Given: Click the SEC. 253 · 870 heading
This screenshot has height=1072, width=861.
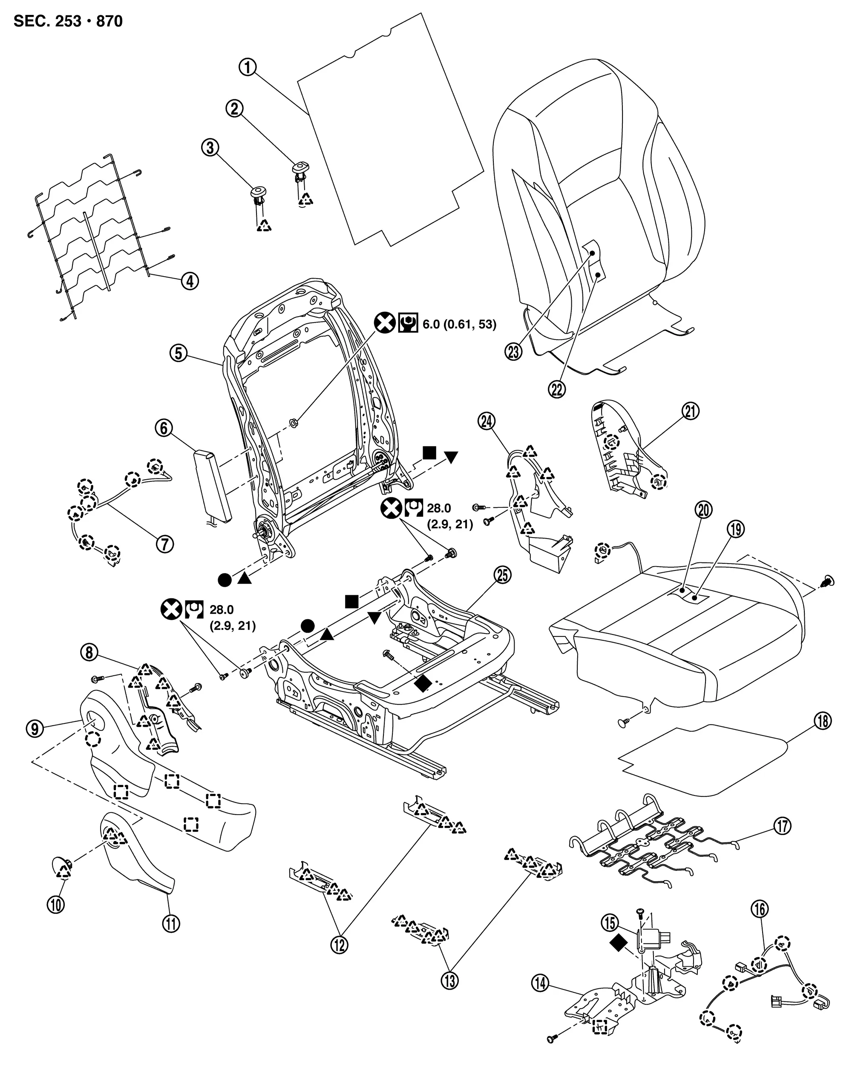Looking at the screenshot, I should (68, 21).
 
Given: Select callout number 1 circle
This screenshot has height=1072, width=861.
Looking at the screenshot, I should (248, 67).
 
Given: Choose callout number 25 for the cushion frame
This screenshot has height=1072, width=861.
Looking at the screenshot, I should (503, 575).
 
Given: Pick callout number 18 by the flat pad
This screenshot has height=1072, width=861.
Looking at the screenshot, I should (822, 721).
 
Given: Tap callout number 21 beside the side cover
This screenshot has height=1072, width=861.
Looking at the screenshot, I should (691, 411).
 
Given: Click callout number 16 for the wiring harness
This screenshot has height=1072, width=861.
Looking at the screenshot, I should (760, 909).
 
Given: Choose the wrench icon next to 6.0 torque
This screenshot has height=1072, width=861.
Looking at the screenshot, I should (408, 324).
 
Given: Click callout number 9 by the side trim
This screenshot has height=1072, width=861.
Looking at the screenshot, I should (35, 729).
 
